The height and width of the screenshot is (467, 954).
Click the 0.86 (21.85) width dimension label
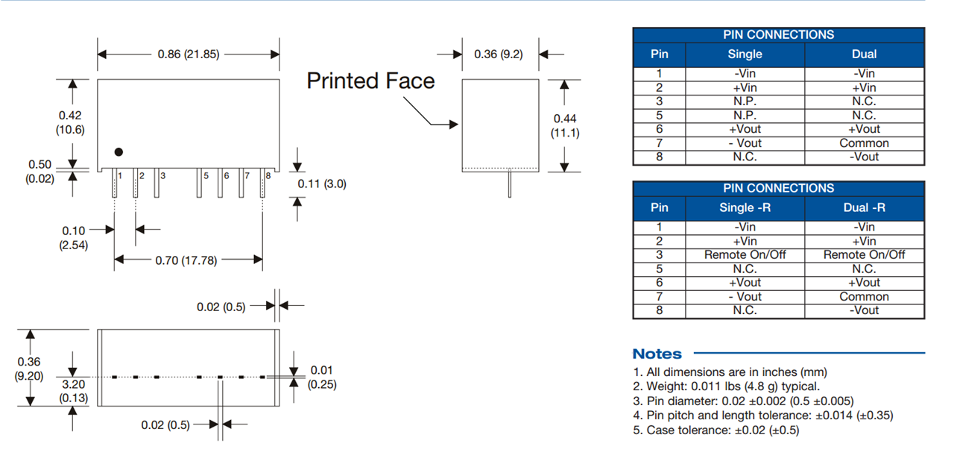(x=188, y=54)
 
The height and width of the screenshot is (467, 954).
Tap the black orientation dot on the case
(x=119, y=152)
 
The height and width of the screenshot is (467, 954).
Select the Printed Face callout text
(x=370, y=81)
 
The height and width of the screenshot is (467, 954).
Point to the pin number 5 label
(x=206, y=176)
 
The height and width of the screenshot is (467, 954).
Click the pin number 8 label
(x=268, y=176)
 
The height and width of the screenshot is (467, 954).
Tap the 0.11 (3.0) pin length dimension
(x=322, y=184)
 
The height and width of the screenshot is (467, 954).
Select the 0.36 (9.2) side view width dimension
(x=499, y=54)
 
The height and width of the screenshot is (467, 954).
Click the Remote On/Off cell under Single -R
(x=745, y=254)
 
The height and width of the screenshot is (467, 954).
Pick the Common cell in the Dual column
(x=864, y=143)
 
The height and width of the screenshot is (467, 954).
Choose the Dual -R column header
(x=864, y=207)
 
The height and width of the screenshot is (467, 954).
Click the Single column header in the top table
(x=745, y=54)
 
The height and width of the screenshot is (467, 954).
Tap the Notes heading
(x=657, y=354)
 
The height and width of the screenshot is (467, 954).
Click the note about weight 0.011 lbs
(x=726, y=386)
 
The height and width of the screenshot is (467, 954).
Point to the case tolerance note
(x=715, y=430)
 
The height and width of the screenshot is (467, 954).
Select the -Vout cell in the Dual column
(x=864, y=157)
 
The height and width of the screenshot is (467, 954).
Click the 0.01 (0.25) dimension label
(x=322, y=377)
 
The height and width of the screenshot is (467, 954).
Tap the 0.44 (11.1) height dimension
(x=564, y=125)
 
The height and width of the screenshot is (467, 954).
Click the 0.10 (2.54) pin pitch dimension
(x=73, y=238)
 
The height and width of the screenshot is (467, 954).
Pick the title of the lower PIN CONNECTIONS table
(x=778, y=188)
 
